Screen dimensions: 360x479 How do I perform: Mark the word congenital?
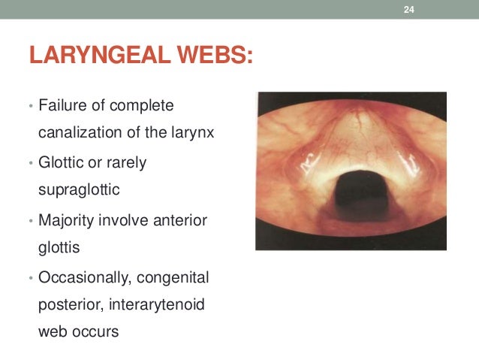click(174, 278)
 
